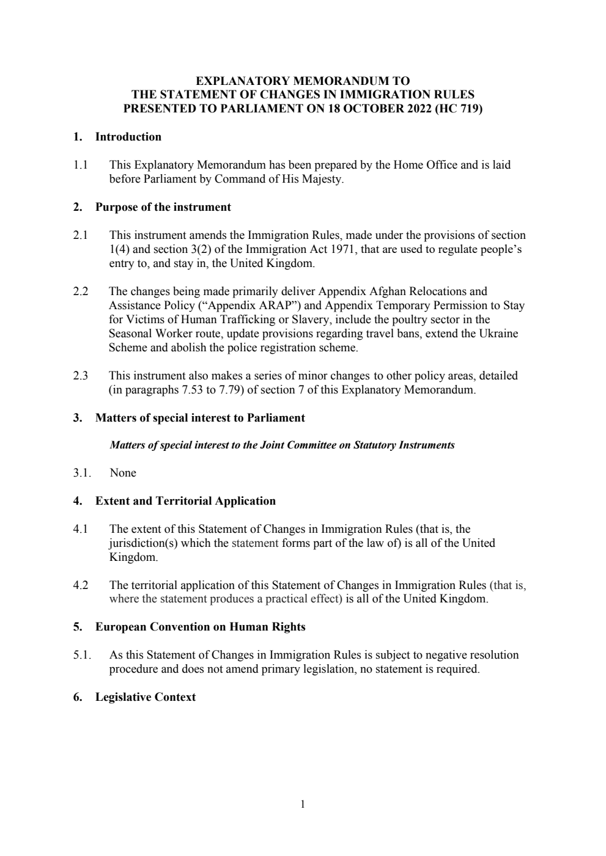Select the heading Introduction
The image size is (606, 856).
coord(128,137)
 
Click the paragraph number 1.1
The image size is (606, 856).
coord(81,165)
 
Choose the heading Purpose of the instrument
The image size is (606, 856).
coord(163,207)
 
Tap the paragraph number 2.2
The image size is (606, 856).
coord(81,291)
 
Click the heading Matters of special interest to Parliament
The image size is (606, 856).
coord(200,418)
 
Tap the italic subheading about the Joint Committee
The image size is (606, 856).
coord(282,445)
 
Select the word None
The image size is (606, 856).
coord(123,473)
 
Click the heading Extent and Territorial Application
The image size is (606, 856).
coord(185,501)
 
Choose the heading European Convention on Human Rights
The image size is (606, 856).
coord(200,627)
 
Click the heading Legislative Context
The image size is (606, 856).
coord(146,697)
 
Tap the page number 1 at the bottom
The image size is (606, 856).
coord(303,804)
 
